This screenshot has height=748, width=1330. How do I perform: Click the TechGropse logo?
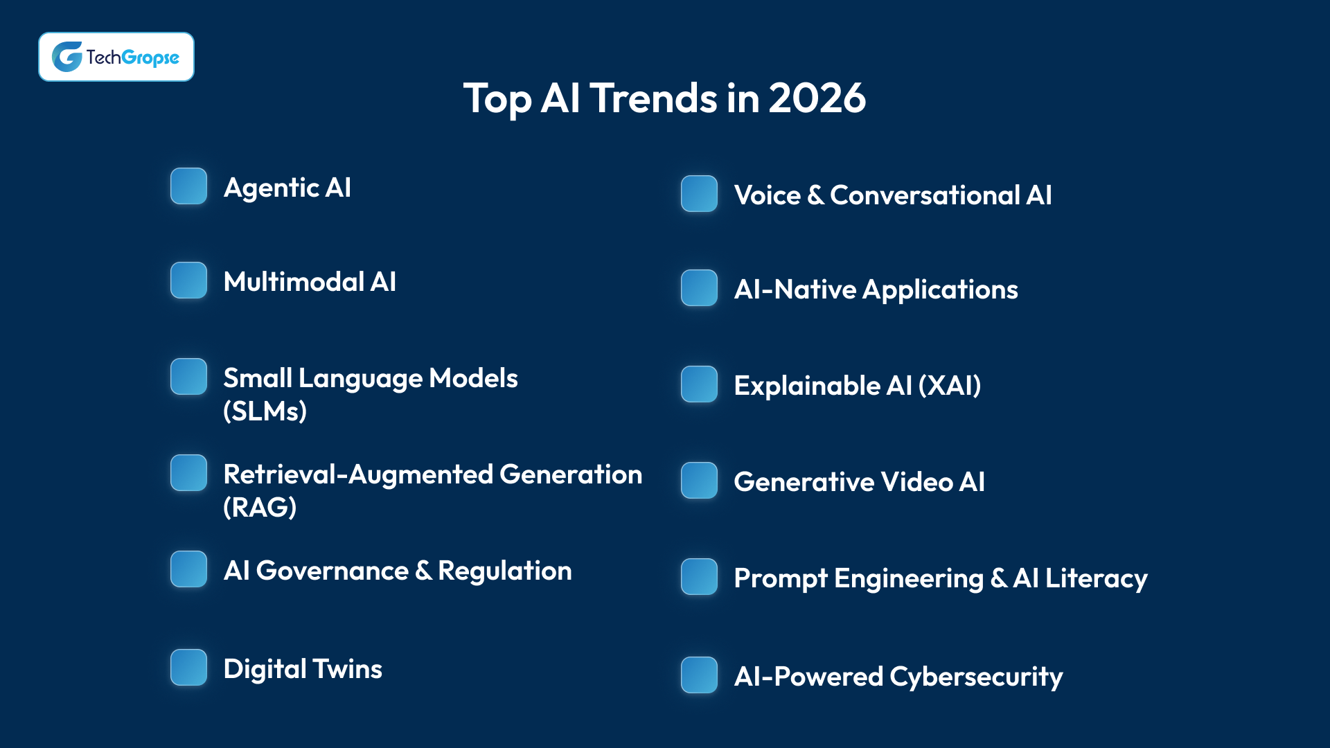click(116, 57)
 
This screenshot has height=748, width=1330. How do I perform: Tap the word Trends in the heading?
click(654, 98)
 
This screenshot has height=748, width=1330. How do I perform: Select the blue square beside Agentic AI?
click(188, 186)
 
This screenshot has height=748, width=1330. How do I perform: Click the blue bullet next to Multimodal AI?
click(188, 280)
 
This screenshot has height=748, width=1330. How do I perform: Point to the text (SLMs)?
click(265, 411)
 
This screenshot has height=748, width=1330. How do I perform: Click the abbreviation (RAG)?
click(260, 508)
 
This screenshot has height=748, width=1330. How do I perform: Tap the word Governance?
click(332, 571)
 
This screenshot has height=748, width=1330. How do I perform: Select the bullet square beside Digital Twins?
click(188, 668)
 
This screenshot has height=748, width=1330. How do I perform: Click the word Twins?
click(347, 669)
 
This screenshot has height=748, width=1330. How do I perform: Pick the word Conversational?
click(925, 195)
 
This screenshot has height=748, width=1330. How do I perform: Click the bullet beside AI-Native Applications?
click(699, 288)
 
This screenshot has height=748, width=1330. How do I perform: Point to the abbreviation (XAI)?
click(950, 386)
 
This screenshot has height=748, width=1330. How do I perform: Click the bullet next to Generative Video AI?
click(699, 481)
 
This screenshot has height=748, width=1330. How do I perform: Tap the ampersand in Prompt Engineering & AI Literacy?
click(998, 578)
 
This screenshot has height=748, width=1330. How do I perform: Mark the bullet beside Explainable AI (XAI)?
click(699, 384)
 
